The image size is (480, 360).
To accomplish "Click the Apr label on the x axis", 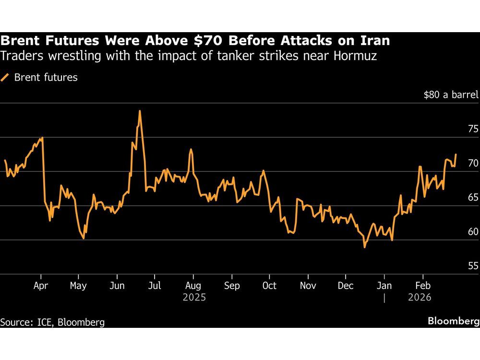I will click(x=41, y=286).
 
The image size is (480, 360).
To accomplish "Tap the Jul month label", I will click(x=154, y=286).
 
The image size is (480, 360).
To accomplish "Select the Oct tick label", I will click(x=269, y=286).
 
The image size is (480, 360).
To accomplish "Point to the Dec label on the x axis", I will click(x=346, y=286).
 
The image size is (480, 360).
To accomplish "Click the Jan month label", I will click(x=384, y=286).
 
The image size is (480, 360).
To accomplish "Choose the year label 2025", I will click(x=194, y=298).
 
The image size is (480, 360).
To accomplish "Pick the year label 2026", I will click(x=420, y=298).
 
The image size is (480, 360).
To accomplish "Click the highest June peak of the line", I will click(x=140, y=111).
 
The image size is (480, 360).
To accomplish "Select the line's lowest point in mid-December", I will click(x=364, y=247).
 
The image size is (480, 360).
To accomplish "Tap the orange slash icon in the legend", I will click(x=6, y=77).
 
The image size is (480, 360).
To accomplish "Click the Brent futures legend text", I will click(x=46, y=77).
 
